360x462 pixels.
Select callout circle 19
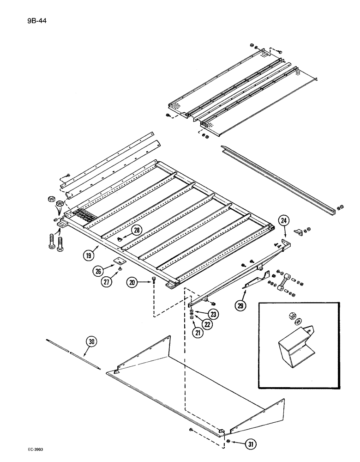pyautogui.click(x=90, y=254)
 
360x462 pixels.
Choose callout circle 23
pyautogui.click(x=214, y=314)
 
